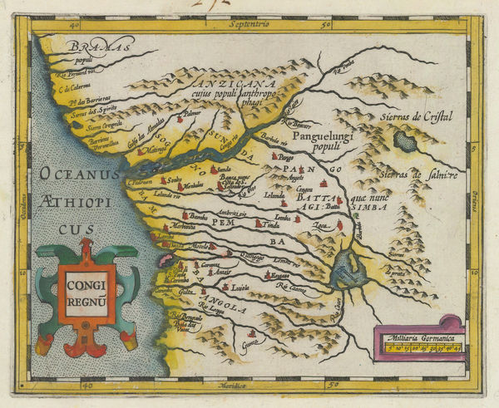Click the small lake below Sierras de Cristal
[406, 141]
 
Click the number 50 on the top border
[331, 26]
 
